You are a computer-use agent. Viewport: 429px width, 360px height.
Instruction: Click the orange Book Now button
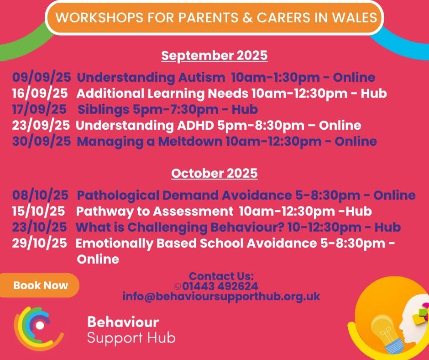39,285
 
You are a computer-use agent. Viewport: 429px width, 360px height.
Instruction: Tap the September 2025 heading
214,56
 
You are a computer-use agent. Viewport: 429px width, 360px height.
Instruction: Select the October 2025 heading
214,174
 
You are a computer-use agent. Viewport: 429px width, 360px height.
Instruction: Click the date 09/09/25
42,77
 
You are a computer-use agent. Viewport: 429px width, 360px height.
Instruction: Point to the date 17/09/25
39,109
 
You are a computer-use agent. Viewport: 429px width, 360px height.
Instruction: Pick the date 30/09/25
42,141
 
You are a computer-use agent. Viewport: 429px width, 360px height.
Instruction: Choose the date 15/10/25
39,211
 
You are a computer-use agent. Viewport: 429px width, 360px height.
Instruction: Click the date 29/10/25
39,244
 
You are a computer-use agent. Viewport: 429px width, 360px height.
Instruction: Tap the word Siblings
104,110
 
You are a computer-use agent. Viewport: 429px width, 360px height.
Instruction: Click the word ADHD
195,126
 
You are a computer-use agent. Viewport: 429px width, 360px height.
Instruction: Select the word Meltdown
190,141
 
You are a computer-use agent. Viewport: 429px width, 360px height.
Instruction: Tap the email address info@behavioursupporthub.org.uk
221,296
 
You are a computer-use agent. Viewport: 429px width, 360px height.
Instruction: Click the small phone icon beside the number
177,286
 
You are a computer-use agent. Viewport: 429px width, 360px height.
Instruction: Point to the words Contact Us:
221,276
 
